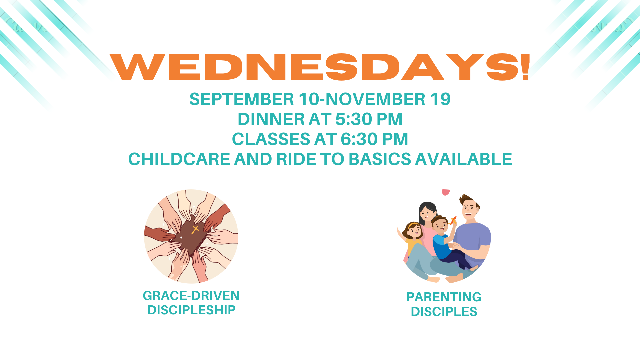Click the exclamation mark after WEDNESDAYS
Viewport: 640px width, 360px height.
click(526, 67)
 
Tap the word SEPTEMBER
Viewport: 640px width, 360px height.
click(242, 99)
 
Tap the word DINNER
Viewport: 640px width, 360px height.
click(271, 119)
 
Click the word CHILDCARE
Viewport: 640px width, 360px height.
click(179, 159)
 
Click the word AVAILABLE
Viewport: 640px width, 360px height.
click(464, 159)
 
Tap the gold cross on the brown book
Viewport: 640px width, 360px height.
click(195, 229)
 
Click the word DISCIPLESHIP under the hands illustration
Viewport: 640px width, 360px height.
click(191, 310)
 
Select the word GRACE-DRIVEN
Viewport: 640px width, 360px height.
click(191, 296)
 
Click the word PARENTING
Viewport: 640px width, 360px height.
click(444, 297)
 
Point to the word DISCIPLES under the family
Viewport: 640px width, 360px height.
click(444, 312)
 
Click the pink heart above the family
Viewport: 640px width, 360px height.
click(446, 192)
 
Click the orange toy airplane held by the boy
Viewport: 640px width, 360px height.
click(453, 220)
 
